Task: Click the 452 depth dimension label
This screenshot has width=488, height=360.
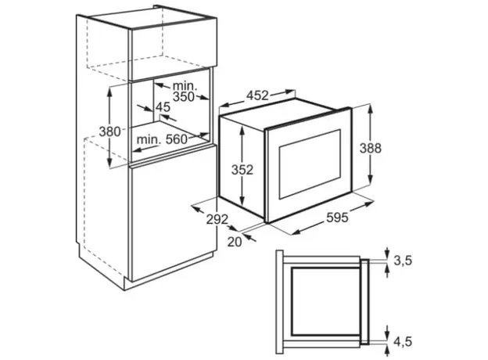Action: pos(257,95)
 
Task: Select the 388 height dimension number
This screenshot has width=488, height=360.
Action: pos(371,148)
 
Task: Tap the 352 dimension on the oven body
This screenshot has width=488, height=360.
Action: pos(242,170)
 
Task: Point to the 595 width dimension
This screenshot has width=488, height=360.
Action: pos(337,218)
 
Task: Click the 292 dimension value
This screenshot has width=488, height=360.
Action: pos(217,220)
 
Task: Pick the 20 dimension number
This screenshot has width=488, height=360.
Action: pos(235,242)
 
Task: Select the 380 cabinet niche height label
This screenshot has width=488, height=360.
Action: pos(109,131)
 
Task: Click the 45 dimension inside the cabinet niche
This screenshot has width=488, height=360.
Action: pos(163,107)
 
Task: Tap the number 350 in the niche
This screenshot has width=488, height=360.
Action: pos(184,97)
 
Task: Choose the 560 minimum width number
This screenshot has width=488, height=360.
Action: pos(177,139)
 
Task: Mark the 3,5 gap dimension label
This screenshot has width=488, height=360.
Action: pos(403,261)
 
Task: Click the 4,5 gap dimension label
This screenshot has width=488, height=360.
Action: pos(403,342)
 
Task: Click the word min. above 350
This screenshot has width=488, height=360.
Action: pos(185,85)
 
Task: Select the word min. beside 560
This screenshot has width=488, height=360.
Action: pos(149,139)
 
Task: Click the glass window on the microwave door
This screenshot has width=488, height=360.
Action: pos(310,164)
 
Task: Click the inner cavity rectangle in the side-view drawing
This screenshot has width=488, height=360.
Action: pos(326,301)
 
